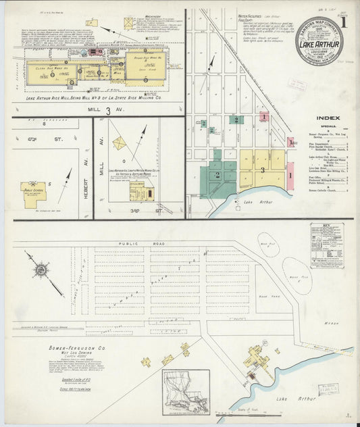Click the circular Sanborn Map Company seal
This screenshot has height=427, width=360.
pos(319,41)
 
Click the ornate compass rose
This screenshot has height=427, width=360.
pos(41,270)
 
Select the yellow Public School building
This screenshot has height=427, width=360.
pos(33,193)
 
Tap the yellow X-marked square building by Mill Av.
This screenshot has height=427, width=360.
pos(120,143)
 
